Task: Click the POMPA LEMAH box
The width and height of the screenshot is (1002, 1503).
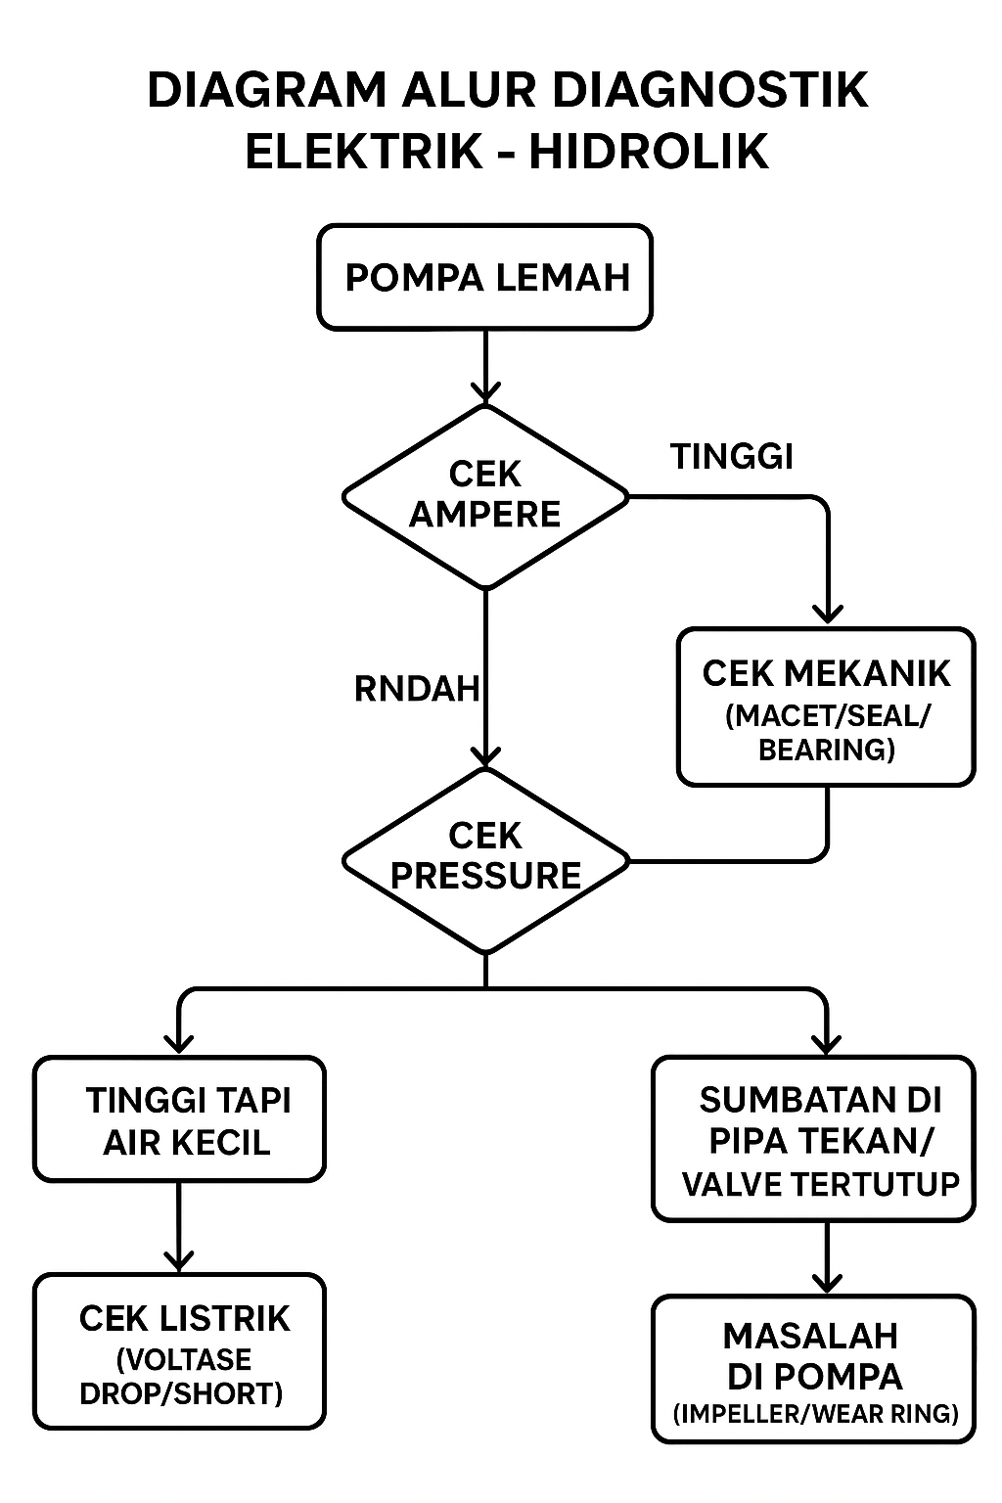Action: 485,277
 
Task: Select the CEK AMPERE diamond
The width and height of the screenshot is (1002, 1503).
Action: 485,496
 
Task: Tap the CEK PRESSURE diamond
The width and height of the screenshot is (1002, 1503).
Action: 485,858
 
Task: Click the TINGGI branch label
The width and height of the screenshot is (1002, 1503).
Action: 732,456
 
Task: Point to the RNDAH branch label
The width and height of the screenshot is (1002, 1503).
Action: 417,689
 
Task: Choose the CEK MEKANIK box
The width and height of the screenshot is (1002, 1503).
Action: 827,706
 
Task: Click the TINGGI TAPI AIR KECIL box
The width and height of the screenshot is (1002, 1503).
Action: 179,1119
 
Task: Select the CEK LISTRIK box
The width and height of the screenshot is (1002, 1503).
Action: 179,1351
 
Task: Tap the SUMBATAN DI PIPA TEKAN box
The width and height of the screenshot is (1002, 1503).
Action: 814,1138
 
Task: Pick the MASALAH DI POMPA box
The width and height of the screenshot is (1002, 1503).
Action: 814,1368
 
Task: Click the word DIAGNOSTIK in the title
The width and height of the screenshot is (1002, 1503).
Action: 710,91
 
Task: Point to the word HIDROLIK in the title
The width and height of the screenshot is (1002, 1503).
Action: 649,153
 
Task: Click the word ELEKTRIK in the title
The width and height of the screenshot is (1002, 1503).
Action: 364,153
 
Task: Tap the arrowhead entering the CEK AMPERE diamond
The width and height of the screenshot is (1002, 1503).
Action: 485,393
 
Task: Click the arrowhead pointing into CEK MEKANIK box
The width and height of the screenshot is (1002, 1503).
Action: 828,614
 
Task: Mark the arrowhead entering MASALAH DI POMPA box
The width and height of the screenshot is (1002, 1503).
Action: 828,1282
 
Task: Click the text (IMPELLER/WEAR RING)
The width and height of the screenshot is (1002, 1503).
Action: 815,1414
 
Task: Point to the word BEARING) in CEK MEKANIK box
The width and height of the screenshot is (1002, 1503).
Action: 827,750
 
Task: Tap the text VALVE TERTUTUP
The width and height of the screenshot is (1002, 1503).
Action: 820,1184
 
